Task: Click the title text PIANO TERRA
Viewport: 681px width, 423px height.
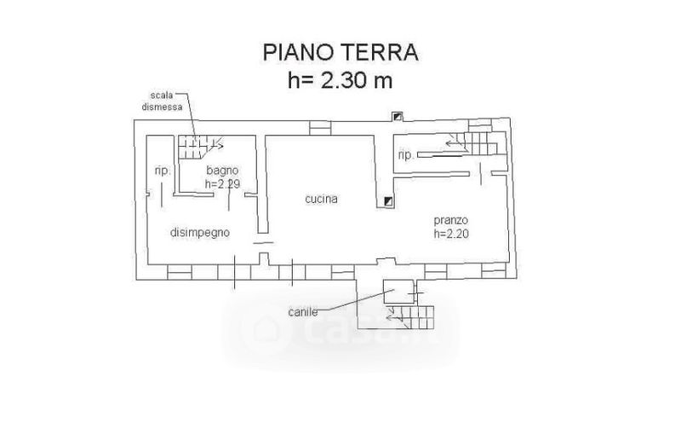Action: [x=339, y=53]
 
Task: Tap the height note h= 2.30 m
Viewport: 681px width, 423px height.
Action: [x=339, y=81]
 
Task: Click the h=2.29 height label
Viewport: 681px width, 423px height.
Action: [x=223, y=183]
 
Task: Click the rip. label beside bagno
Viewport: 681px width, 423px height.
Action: [x=163, y=171]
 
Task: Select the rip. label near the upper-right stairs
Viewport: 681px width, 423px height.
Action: [x=406, y=155]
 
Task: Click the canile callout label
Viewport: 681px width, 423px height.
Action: [x=303, y=312]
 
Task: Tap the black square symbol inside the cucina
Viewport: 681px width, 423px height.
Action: [x=387, y=201]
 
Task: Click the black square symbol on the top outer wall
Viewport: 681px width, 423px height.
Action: [x=396, y=117]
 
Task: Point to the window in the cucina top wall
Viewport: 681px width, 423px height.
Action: [x=320, y=128]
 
